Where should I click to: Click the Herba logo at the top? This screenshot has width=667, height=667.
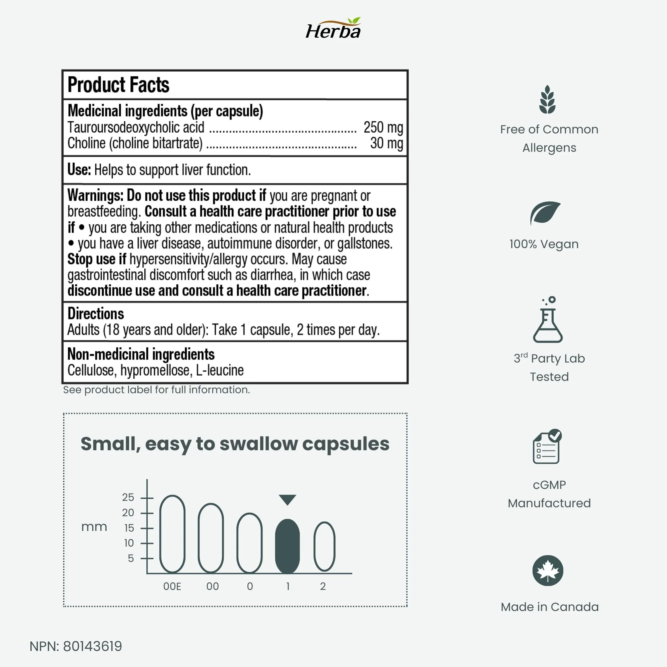[x=333, y=29]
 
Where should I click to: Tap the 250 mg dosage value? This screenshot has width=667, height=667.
[x=383, y=127]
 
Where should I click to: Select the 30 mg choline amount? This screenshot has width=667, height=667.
[x=386, y=143]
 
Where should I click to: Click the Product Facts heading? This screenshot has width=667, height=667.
[x=118, y=85]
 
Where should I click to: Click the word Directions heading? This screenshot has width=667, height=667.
[x=96, y=313]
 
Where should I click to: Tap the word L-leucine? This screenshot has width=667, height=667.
[x=220, y=370]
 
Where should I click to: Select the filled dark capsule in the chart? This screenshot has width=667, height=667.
[x=287, y=547]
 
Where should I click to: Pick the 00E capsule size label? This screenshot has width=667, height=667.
[x=172, y=586]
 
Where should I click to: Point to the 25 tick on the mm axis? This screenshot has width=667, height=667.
[x=128, y=497]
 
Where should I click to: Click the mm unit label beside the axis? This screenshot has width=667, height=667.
[x=94, y=527]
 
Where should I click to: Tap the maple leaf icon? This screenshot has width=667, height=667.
[x=548, y=571]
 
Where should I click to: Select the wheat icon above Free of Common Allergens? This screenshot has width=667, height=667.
[x=548, y=99]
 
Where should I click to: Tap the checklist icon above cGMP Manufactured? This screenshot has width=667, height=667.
[x=547, y=447]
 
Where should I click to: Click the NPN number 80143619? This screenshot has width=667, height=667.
[x=92, y=646]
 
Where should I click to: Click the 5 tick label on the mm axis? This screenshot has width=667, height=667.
[x=130, y=558]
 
